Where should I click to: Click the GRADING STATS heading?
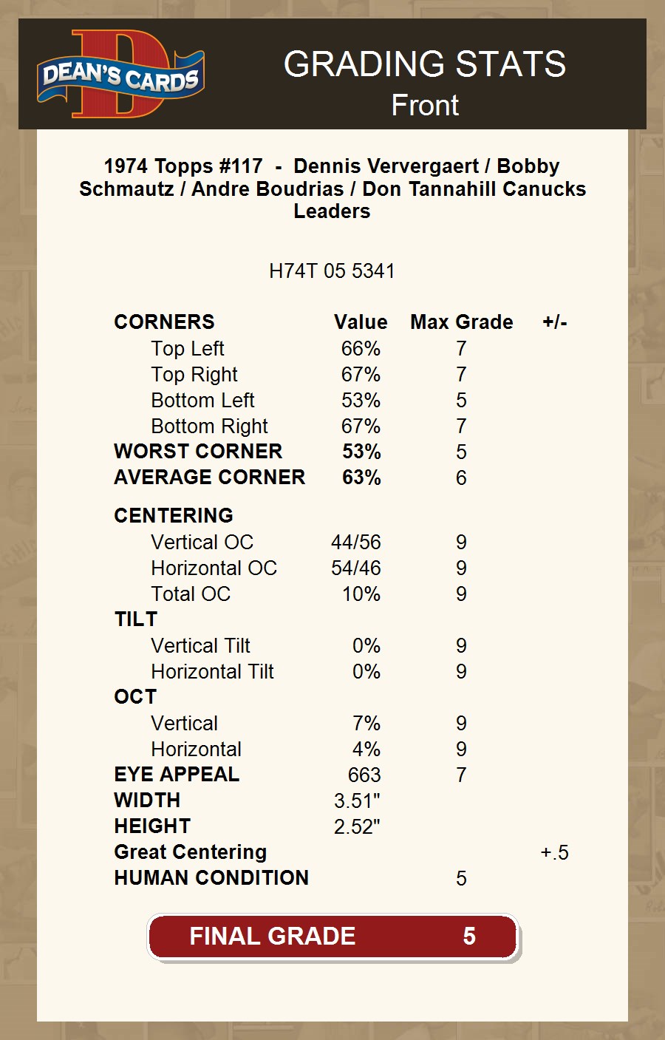click(425, 64)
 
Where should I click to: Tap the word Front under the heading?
click(425, 105)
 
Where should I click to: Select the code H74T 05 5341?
click(332, 271)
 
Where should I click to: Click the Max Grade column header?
click(462, 322)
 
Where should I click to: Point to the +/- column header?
click(555, 322)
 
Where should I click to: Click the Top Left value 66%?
click(361, 348)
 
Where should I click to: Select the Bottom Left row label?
click(202, 400)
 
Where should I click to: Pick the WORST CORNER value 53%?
click(361, 452)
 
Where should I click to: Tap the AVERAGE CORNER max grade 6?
click(461, 477)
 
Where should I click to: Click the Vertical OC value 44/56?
click(356, 542)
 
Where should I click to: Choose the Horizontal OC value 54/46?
click(356, 568)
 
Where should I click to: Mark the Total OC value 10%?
click(361, 594)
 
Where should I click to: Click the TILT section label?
click(136, 619)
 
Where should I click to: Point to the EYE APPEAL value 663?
click(364, 775)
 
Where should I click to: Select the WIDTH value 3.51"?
click(357, 801)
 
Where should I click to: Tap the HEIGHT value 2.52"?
click(357, 826)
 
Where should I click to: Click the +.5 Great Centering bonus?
click(555, 852)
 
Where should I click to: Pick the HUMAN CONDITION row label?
click(211, 878)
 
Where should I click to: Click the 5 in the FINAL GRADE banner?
click(469, 937)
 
